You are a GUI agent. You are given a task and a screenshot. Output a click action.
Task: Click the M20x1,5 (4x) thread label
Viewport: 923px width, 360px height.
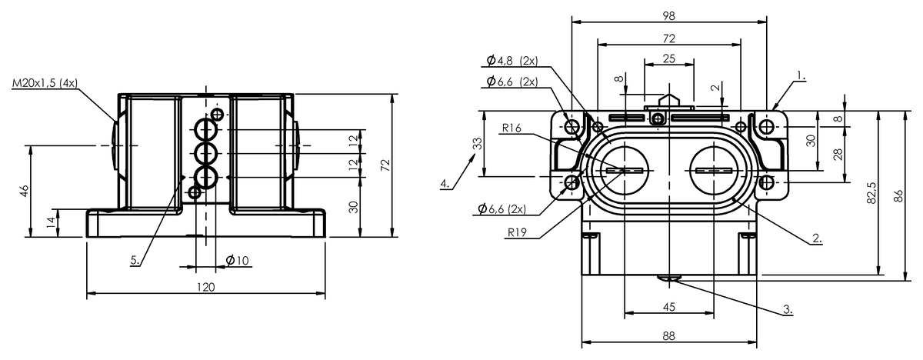tap(45, 83)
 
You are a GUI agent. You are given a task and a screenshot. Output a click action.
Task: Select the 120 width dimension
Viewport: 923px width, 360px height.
tap(205, 287)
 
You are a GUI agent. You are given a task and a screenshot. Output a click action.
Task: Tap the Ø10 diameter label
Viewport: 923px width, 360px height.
tap(238, 260)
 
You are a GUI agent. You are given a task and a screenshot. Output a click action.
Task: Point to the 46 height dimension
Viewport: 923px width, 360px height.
tap(25, 191)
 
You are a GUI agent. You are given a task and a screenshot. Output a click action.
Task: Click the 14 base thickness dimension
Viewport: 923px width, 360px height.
tap(51, 223)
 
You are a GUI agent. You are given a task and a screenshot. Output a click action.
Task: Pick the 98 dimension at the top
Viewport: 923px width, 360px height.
tap(668, 15)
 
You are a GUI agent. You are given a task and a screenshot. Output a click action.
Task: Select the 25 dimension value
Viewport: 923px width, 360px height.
tap(668, 58)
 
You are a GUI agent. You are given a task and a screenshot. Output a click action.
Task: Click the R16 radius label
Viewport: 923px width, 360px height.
tap(511, 128)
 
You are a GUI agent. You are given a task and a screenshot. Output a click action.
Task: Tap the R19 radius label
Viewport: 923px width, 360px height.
tap(517, 233)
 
